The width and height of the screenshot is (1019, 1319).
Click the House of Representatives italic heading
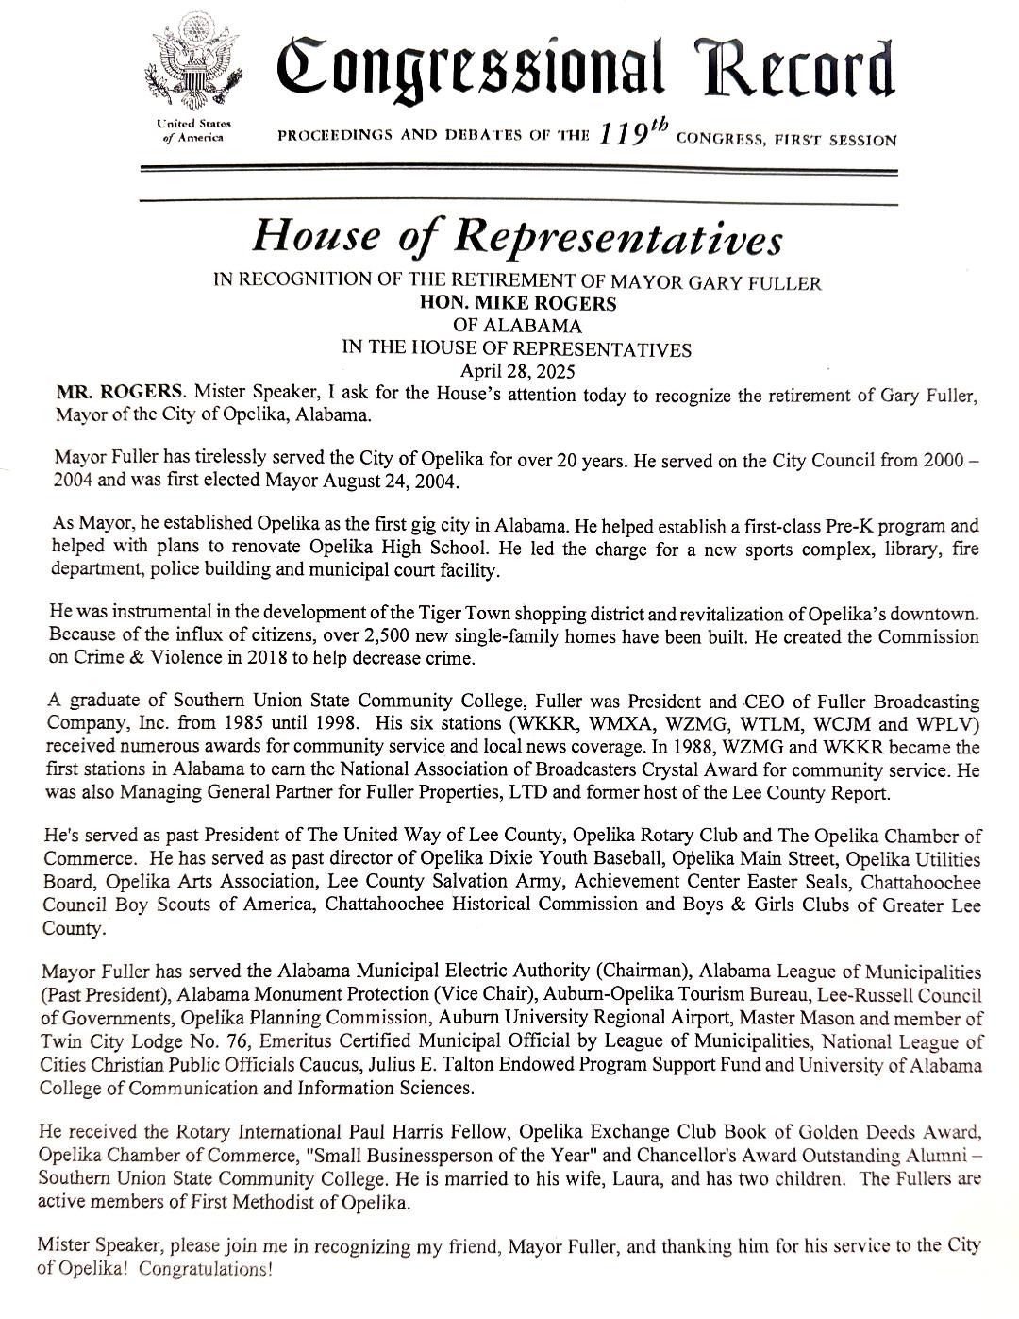coord(516,237)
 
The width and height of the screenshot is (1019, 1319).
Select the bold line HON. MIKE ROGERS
coord(517,304)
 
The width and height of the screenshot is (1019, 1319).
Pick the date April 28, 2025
coord(516,371)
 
